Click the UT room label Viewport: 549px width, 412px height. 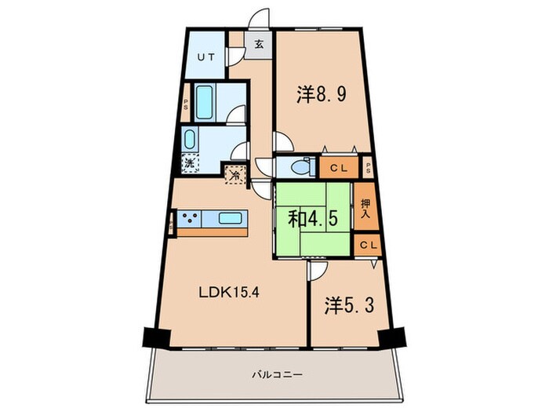point(205,57)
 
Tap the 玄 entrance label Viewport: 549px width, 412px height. point(258,44)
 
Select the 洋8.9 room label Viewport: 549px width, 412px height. point(321,96)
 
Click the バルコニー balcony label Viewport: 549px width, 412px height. point(279,374)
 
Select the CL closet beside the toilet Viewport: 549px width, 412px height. point(338,167)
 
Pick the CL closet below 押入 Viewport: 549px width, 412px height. point(366,245)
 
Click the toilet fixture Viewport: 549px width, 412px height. point(294,167)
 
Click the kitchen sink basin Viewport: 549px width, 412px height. point(230,219)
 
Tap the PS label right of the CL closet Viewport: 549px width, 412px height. point(368,167)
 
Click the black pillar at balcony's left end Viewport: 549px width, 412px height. point(155,337)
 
